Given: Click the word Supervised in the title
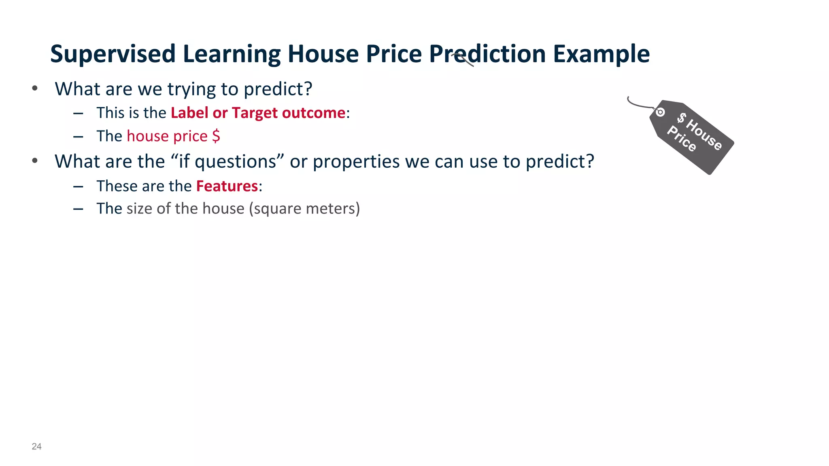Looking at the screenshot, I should (113, 54).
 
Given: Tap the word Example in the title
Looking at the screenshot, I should (601, 54).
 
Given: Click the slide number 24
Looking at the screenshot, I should (36, 446).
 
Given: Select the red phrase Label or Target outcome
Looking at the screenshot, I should (258, 113).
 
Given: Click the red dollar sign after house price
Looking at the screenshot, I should (216, 136).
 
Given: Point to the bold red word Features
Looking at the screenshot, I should (227, 186).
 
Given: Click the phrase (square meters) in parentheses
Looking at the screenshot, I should (304, 209).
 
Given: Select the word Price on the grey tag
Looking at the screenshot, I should (682, 139).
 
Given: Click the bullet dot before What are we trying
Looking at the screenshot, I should (35, 88).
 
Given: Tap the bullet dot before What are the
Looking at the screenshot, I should (35, 161).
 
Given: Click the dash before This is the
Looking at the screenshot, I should (78, 113).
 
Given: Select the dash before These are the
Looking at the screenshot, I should (78, 186).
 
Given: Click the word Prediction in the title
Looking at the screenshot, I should (487, 54).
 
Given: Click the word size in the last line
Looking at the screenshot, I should (139, 209).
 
